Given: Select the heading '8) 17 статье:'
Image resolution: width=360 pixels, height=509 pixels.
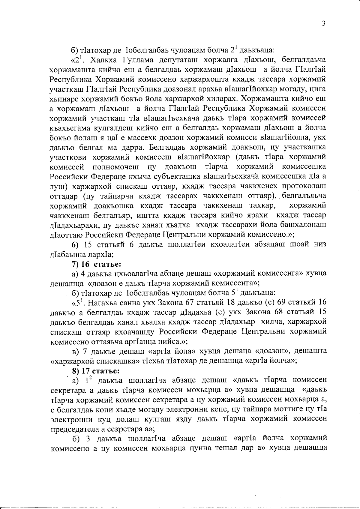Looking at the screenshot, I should pyautogui.click(x=95, y=371).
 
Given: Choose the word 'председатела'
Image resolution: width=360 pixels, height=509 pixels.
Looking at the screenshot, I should pyautogui.click(x=73, y=429).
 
